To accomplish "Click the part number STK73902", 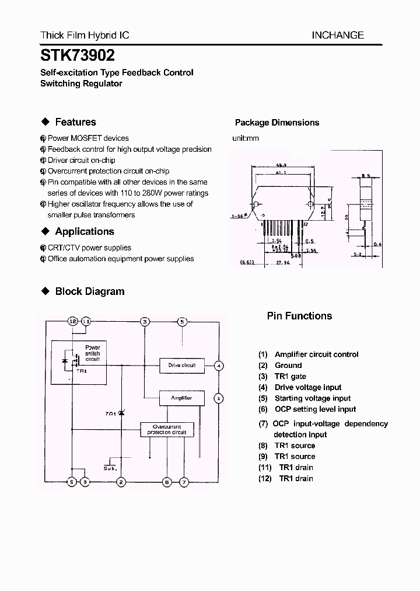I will (x=77, y=55).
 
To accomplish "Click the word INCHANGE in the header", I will (x=337, y=35).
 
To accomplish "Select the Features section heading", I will (x=75, y=122).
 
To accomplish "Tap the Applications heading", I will (x=85, y=231).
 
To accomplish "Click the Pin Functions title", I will (x=299, y=316).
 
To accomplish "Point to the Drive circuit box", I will (x=182, y=366).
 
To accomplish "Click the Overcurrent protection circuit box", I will (x=167, y=430).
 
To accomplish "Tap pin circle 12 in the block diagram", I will (x=72, y=321).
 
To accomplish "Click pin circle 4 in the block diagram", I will (x=218, y=366).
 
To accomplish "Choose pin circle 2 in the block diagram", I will (x=121, y=482).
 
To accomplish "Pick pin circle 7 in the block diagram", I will (x=184, y=482).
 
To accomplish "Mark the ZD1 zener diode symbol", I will (x=121, y=413).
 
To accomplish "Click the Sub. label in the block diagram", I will (x=109, y=468).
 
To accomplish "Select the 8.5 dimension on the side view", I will (x=366, y=175).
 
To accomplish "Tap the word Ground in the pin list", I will (x=288, y=366).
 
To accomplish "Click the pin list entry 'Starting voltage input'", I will (x=313, y=398).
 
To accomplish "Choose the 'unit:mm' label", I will (x=246, y=138).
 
